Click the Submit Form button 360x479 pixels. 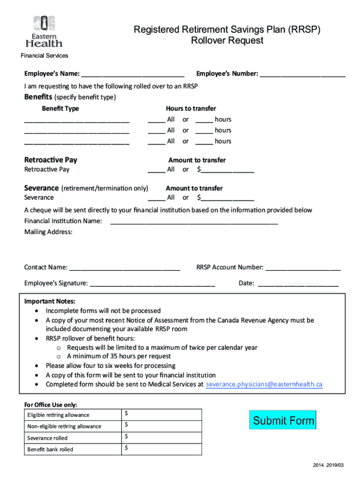tap(283, 420)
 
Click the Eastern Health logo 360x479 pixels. tap(44, 31)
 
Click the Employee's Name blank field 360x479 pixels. tap(132, 74)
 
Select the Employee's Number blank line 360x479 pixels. tap(302, 74)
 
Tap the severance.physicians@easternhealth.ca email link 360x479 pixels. tap(264, 385)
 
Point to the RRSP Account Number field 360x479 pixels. tap(303, 268)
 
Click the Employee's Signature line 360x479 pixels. tap(152, 283)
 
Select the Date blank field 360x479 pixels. tap(298, 283)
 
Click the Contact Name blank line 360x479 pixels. tap(124, 268)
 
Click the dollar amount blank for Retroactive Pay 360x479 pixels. tap(227, 169)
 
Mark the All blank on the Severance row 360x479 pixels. tap(156, 197)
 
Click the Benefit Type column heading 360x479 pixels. tap(60, 109)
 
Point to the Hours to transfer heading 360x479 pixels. tap(191, 109)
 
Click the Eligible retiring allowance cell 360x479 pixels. tap(58, 415)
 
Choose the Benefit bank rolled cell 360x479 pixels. tap(50, 450)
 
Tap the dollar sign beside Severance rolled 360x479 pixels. tap(127, 437)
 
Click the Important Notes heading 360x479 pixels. tap(50, 301)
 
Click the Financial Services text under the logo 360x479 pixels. tap(44, 56)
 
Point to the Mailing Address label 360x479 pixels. tap(48, 232)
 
